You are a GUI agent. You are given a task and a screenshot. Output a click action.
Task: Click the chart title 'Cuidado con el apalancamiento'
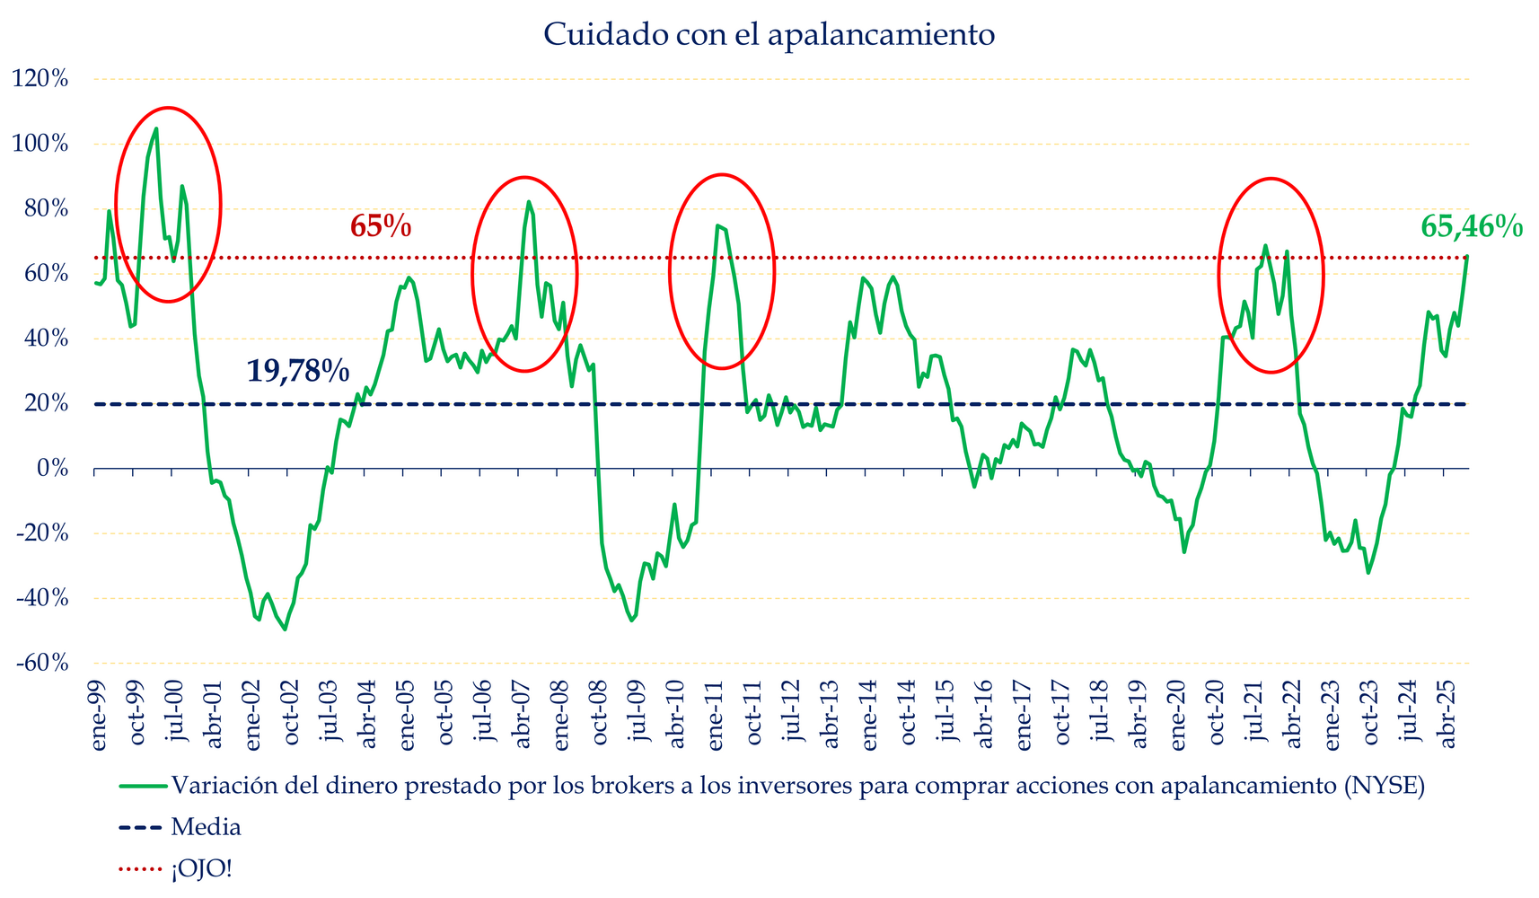point(769,35)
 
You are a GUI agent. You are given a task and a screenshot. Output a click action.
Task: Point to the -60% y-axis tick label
point(40,663)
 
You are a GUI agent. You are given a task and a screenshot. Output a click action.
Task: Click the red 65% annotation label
point(381,226)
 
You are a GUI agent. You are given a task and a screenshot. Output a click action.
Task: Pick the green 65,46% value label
point(1471,227)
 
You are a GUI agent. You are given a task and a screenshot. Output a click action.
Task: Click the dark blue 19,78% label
point(297,370)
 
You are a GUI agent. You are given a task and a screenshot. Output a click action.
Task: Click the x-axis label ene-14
point(869,714)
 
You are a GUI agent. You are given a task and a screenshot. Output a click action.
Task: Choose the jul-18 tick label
point(1101,714)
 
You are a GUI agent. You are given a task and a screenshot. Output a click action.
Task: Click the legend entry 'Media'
point(206,827)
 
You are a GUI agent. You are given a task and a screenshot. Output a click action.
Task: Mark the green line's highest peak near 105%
point(156,128)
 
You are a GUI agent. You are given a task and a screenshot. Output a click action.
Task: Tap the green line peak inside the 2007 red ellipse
point(528,201)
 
